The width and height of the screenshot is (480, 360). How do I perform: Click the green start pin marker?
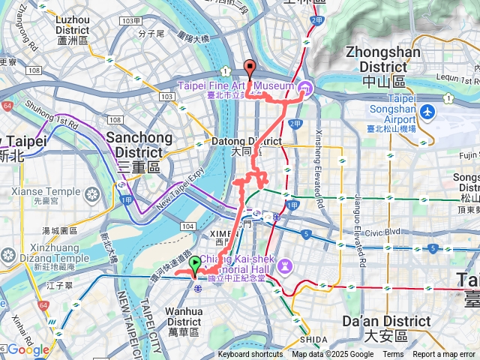pos(195,265)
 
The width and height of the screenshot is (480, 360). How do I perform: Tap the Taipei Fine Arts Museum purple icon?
pos(304,91)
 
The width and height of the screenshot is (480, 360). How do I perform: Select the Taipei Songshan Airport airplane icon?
pos(428,112)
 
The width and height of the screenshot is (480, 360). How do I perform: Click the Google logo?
pos(28,349)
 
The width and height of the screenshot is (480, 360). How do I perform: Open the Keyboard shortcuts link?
pos(250,355)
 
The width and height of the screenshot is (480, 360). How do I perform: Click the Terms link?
pos(393,355)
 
